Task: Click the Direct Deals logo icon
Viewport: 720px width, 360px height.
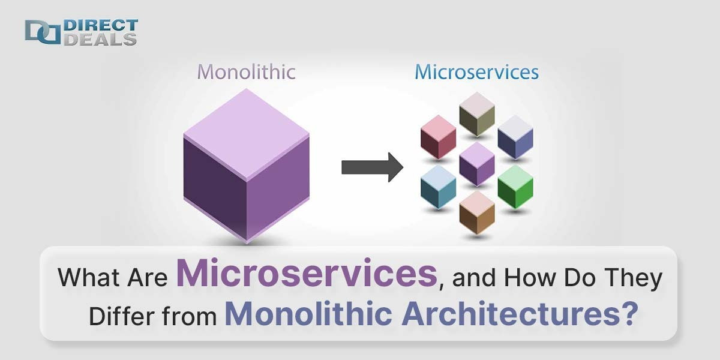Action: (43, 32)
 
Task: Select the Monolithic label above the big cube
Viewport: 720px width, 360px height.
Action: (246, 72)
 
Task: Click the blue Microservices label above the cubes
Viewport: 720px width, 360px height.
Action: (476, 72)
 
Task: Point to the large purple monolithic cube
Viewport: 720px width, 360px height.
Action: (246, 165)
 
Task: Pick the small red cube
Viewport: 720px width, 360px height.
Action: (438, 137)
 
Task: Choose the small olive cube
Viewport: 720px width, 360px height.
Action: (477, 114)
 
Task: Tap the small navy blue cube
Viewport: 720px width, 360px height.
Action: (515, 137)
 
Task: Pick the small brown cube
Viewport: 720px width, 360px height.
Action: (477, 212)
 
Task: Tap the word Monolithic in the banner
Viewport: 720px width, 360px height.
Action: (300, 313)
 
